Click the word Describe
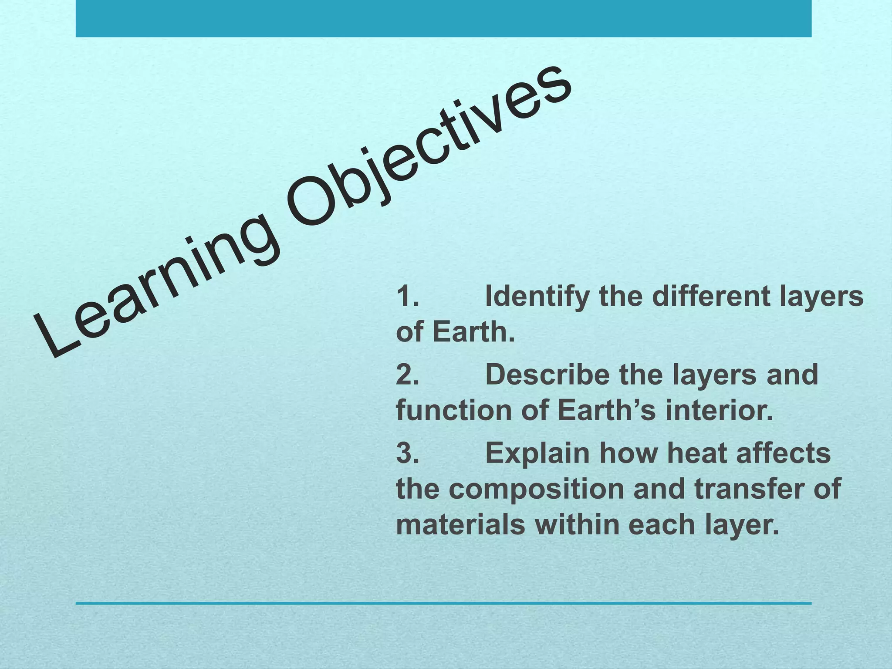click(547, 375)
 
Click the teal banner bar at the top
click(443, 18)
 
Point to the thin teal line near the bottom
click(443, 603)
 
